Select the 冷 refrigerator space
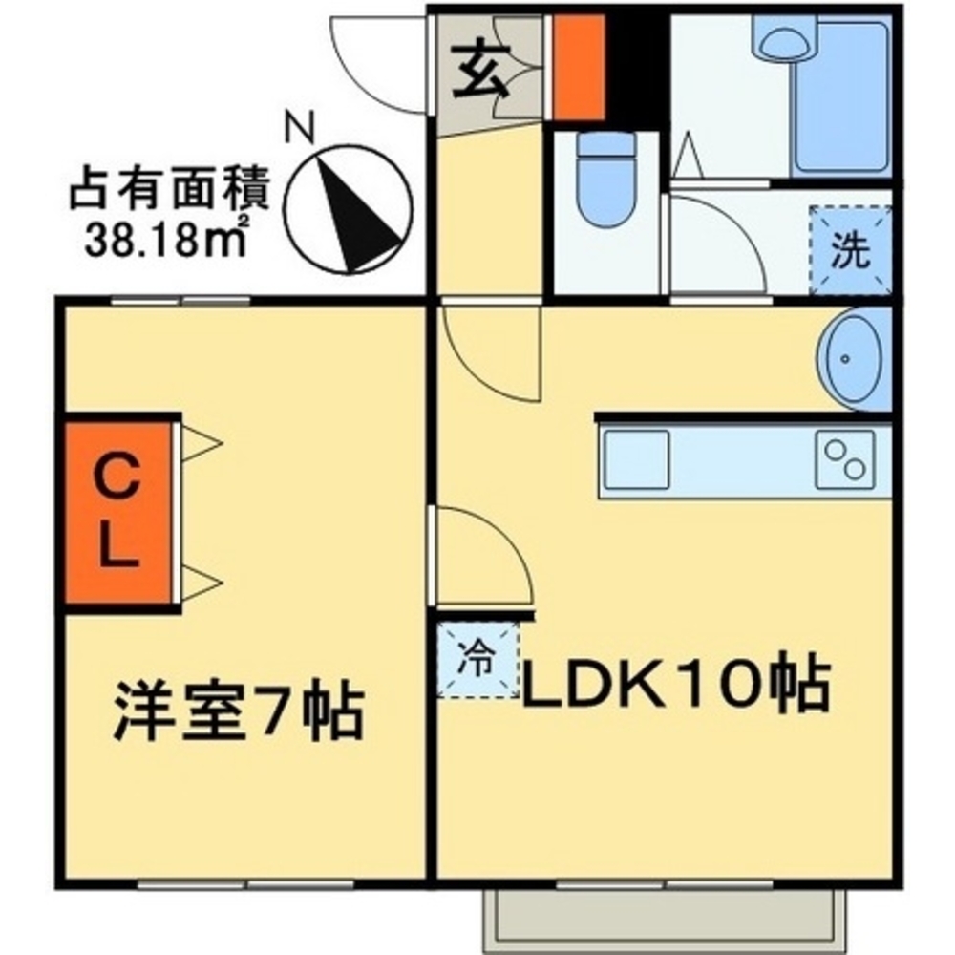tap(477, 658)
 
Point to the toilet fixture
tap(607, 178)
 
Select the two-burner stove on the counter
tap(845, 459)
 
